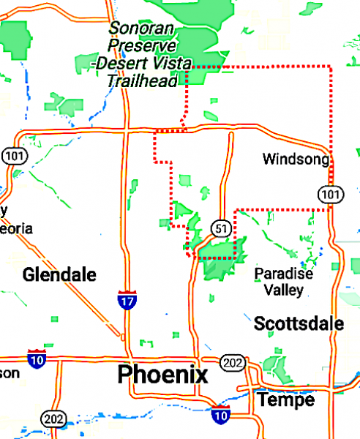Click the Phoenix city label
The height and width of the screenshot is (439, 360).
click(162, 375)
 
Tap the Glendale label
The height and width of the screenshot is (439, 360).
click(59, 275)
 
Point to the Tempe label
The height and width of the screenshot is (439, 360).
click(285, 399)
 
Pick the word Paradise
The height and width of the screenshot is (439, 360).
click(283, 274)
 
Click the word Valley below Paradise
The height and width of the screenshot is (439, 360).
click(282, 289)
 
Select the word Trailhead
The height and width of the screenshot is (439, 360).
click(141, 80)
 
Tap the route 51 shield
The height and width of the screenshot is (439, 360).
click(222, 228)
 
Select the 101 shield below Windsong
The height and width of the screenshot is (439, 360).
click(329, 192)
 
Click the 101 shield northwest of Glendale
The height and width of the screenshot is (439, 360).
click(12, 155)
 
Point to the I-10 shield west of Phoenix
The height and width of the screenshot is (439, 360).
click(37, 358)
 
